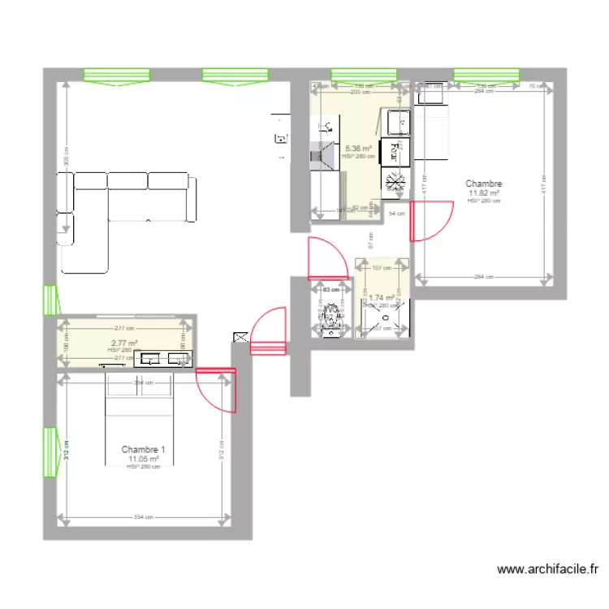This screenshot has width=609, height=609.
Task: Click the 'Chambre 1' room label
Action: click(143, 449)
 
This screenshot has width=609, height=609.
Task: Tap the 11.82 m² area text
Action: click(483, 193)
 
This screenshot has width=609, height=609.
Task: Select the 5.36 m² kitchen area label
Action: click(358, 149)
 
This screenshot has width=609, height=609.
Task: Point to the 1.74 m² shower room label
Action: click(381, 298)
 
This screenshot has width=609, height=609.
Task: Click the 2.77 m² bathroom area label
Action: click(124, 343)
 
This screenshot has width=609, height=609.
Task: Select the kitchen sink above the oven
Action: click(397, 123)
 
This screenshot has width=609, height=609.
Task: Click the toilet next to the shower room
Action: click(331, 318)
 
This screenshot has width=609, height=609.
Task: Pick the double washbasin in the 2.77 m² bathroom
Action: click(162, 358)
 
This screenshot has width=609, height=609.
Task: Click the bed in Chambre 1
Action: click(139, 420)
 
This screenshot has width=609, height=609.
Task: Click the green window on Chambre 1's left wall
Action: click(50, 452)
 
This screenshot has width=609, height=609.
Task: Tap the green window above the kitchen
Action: click(363, 76)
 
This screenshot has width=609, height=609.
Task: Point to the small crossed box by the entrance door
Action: click(240, 336)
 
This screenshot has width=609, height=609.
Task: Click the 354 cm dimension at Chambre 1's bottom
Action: click(144, 517)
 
